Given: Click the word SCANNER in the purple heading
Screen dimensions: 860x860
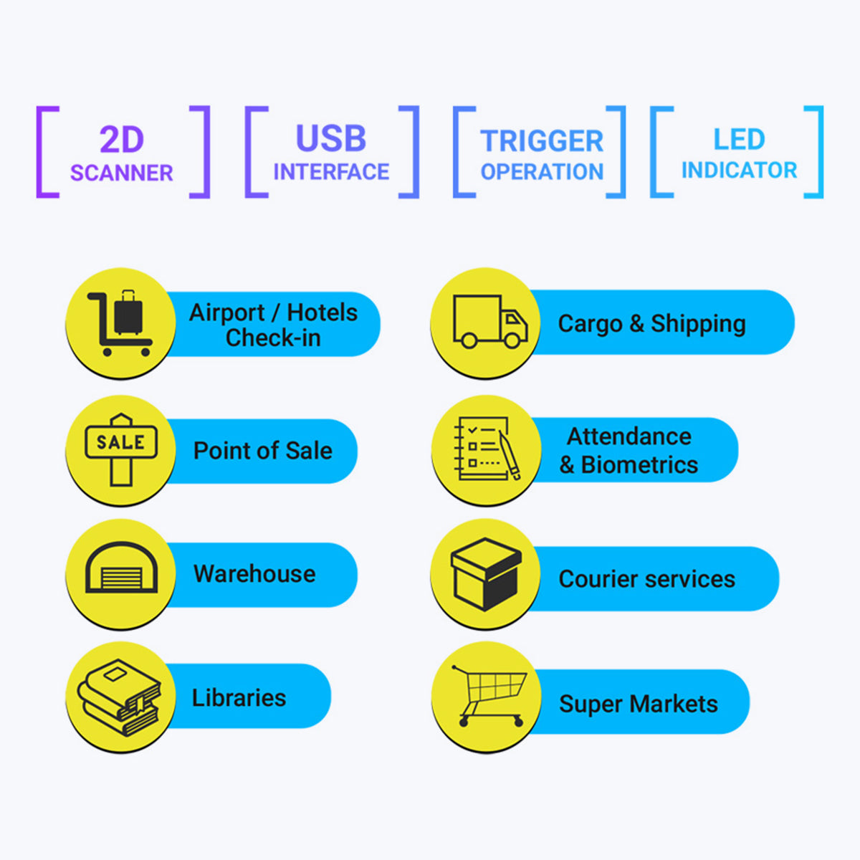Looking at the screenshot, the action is [121, 173].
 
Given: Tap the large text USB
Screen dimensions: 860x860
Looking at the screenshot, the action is [330, 138].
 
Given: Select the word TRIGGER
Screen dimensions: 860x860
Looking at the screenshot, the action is [542, 141].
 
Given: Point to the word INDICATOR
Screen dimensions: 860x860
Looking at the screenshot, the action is [739, 170].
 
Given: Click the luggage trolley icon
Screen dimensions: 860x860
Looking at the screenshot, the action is [120, 322].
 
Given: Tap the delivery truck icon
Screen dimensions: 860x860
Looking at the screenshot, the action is [490, 321].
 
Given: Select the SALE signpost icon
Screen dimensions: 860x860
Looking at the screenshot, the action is [121, 449].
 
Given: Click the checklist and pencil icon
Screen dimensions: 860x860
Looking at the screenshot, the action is [487, 448].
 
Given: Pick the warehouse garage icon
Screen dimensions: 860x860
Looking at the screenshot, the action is [121, 567].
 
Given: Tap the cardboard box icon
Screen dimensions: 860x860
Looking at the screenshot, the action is [486, 574].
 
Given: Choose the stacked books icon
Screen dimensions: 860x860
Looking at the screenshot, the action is [119, 697].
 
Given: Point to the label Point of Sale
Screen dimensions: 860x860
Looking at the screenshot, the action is [263, 450].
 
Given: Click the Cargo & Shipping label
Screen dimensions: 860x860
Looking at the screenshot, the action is [651, 323].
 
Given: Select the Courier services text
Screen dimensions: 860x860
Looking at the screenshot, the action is [646, 579].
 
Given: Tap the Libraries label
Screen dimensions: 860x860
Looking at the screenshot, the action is [239, 697].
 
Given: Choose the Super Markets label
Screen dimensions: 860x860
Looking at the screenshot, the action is [639, 704].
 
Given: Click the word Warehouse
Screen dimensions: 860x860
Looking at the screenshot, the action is [254, 573].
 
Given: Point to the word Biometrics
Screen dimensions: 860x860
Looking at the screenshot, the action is [639, 465].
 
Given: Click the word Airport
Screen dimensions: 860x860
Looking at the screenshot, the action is [226, 313].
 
